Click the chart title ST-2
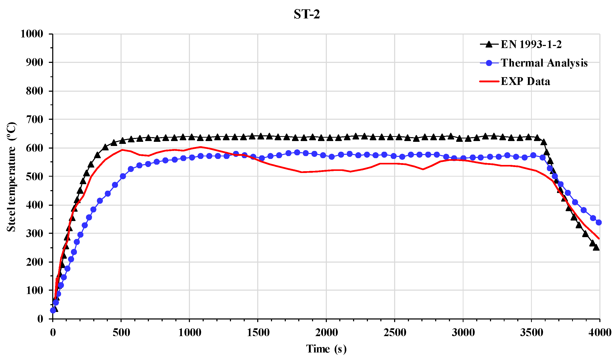(307, 14)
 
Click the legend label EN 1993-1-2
(531, 44)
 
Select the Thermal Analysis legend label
(544, 63)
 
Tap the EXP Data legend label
(525, 81)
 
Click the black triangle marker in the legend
(489, 44)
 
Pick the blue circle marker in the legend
(489, 63)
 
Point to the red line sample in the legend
(489, 81)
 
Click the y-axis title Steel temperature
(11, 177)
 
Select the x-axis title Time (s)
(326, 349)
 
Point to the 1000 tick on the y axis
(32, 34)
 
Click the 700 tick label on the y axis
(35, 119)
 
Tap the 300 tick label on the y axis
(35, 233)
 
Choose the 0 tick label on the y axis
(40, 319)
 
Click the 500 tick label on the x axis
(121, 333)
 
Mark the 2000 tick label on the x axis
(326, 333)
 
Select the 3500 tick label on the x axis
(531, 333)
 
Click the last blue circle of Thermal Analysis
(599, 222)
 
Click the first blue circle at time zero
(53, 310)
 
